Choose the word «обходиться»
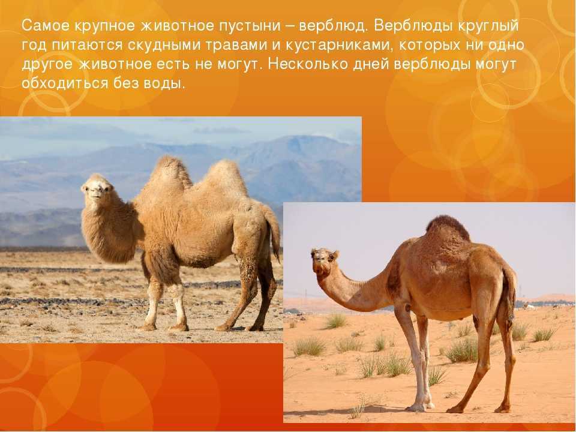pos(65,83)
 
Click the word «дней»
pos(371,65)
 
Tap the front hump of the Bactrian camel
pos(170,175)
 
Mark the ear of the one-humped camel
pos(335,255)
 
